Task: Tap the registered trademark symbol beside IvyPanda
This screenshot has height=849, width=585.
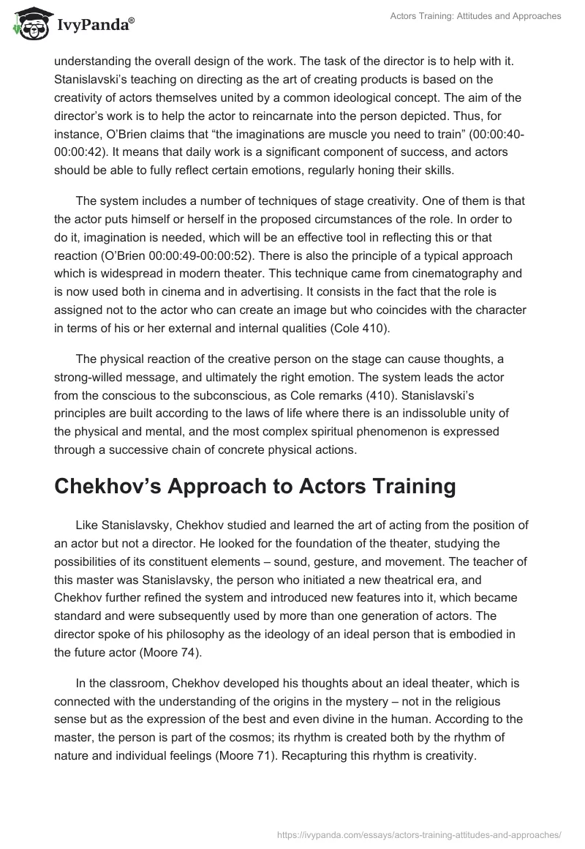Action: click(x=132, y=20)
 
